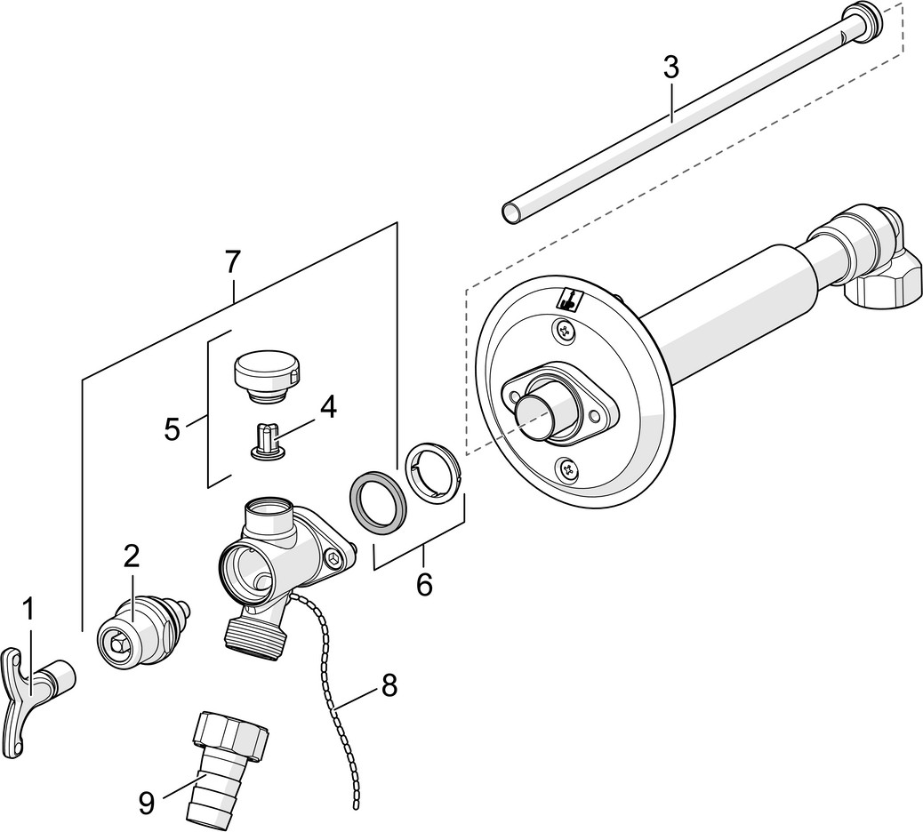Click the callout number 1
click(x=28, y=614)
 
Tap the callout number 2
click(x=132, y=555)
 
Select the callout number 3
click(x=671, y=68)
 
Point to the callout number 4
click(x=328, y=406)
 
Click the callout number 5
click(x=172, y=429)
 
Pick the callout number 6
click(x=424, y=584)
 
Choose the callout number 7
click(x=233, y=262)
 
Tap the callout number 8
click(x=389, y=685)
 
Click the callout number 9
click(x=147, y=803)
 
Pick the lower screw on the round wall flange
click(x=568, y=469)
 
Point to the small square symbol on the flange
click(x=568, y=300)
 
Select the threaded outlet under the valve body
click(x=255, y=636)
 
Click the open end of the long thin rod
click(x=513, y=212)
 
